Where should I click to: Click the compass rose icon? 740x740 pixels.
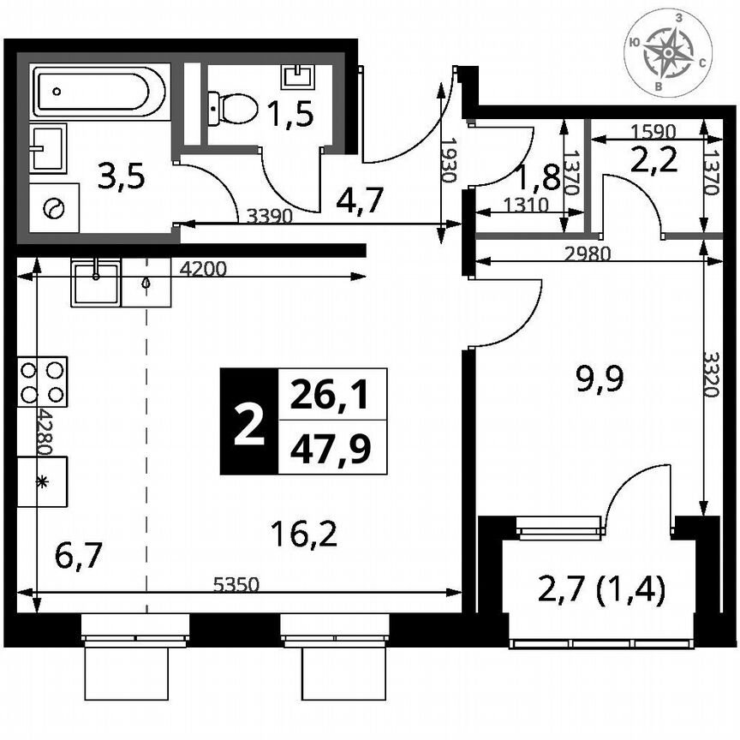point(668,55)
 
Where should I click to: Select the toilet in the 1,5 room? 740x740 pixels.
point(235,110)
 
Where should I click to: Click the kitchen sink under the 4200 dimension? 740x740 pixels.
point(95,283)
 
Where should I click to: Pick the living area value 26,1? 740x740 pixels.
point(333,395)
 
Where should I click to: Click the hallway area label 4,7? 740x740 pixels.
point(360,200)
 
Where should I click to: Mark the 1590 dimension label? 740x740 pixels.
point(653,132)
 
